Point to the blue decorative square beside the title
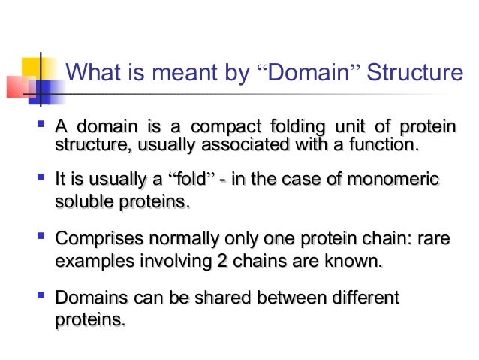pos(44,91)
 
